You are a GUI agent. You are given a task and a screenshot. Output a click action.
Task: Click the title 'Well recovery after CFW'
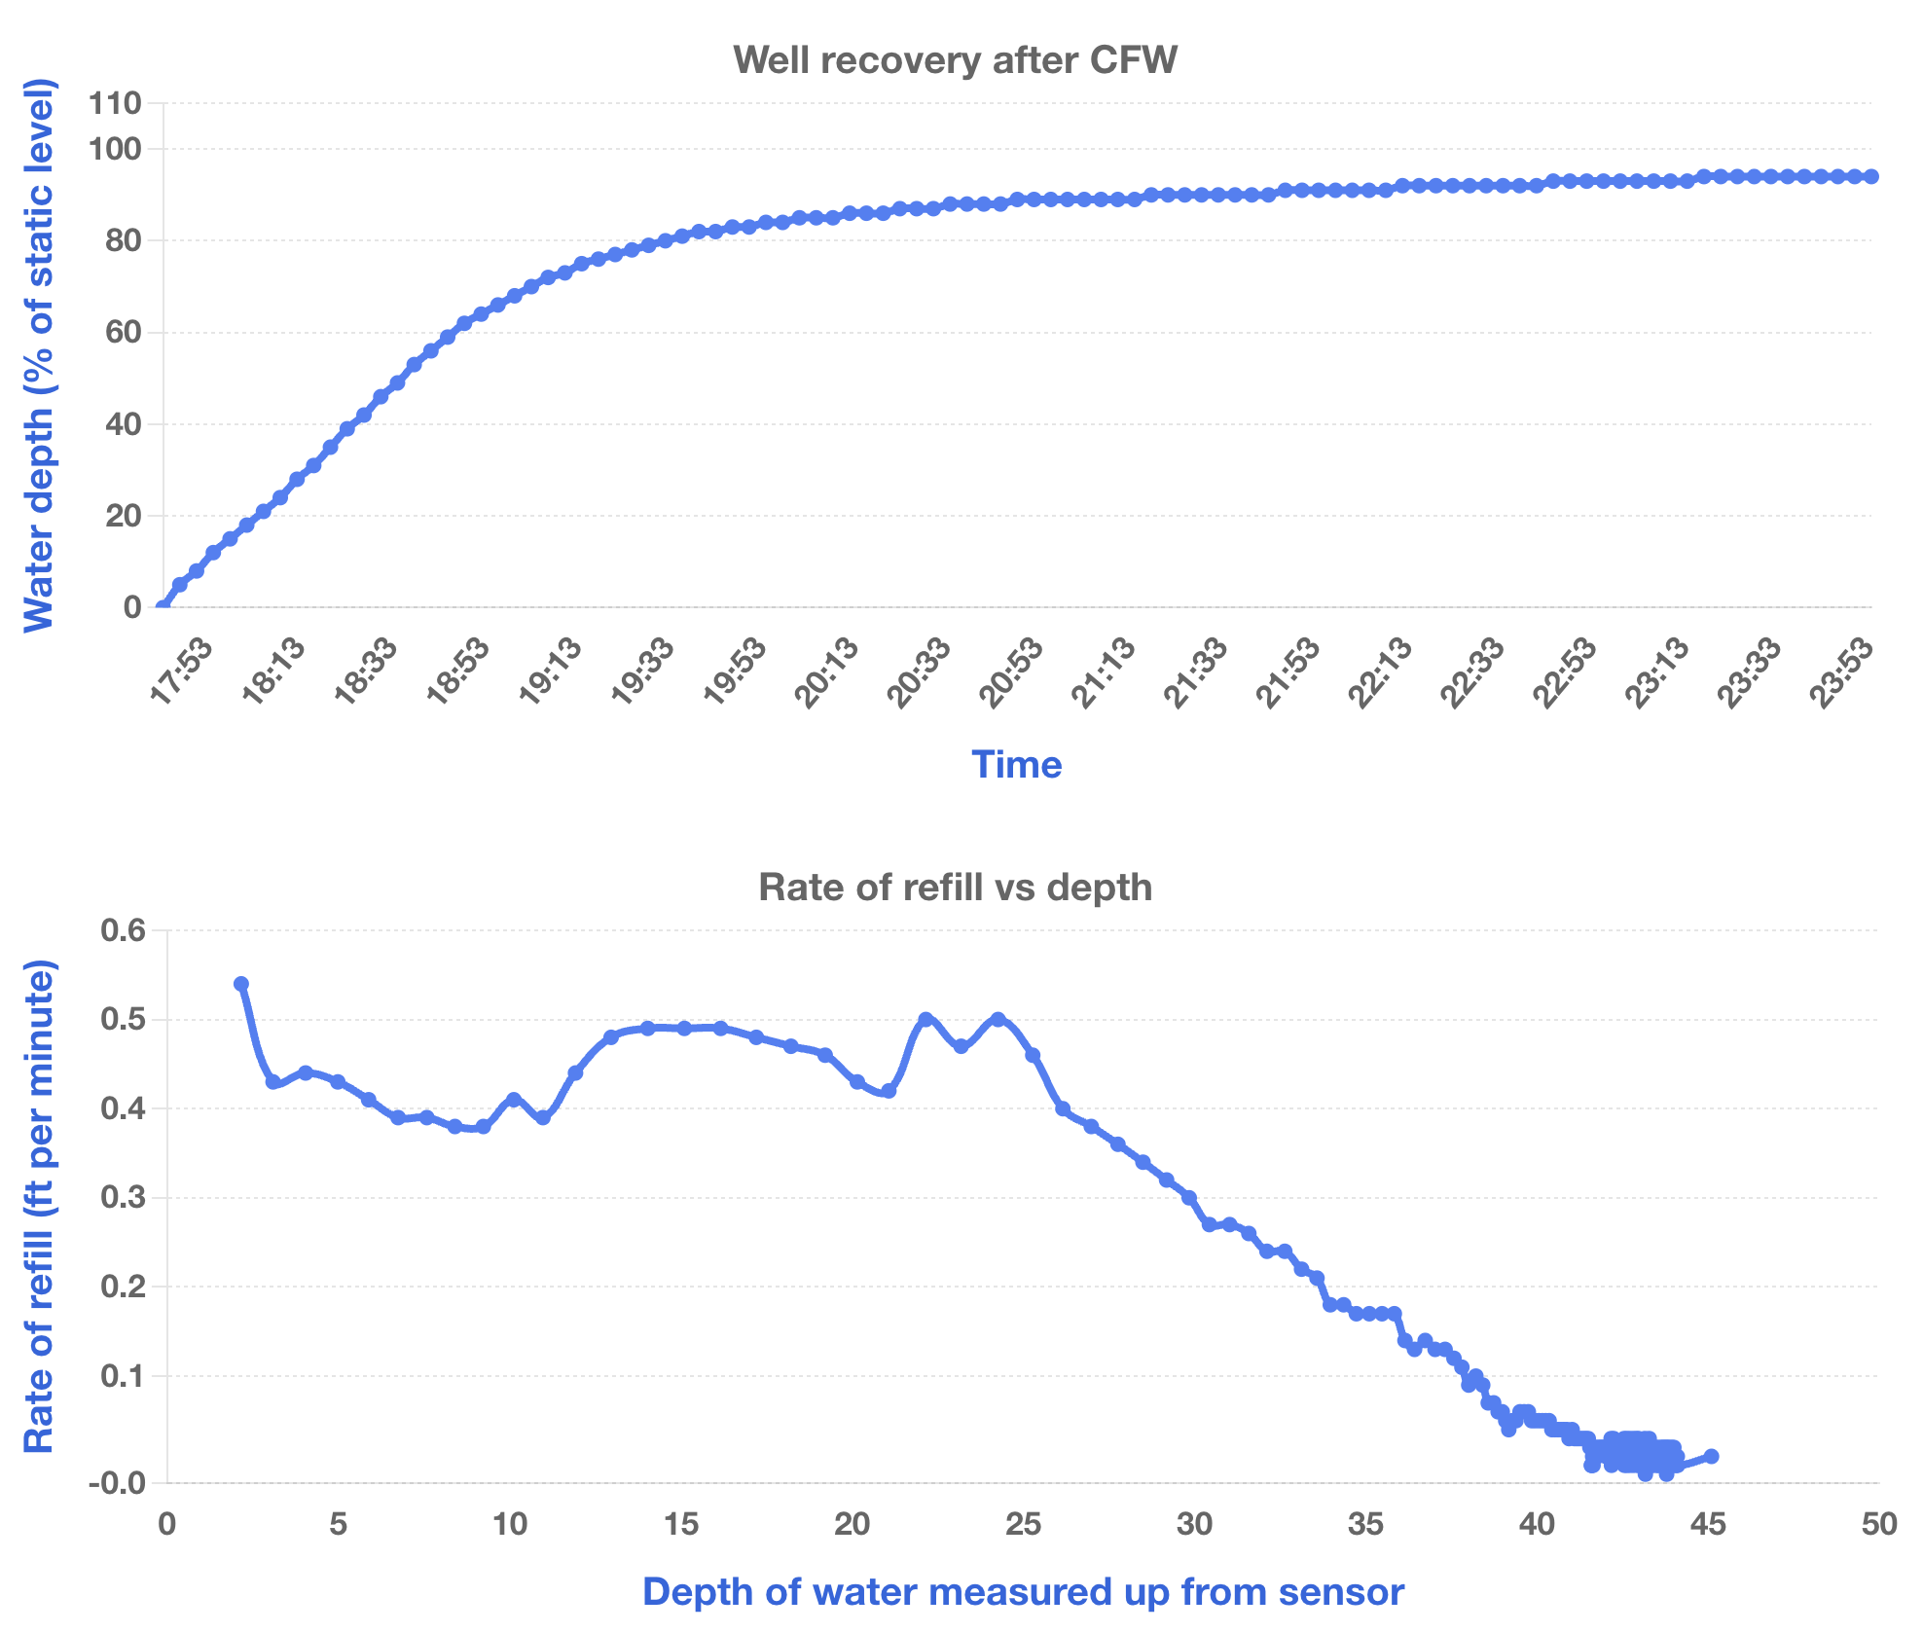click(955, 60)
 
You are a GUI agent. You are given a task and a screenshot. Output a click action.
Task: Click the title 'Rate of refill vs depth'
click(955, 888)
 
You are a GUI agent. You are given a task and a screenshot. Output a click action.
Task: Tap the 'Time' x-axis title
click(1016, 765)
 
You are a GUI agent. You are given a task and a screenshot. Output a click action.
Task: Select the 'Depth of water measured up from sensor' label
click(1023, 1592)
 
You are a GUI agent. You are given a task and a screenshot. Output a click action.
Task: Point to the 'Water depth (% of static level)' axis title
click(39, 355)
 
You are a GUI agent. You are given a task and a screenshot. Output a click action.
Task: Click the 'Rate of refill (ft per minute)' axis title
click(39, 1206)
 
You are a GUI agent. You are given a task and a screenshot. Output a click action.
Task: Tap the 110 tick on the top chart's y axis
click(115, 102)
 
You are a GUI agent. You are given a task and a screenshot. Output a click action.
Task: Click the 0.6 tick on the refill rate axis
click(124, 931)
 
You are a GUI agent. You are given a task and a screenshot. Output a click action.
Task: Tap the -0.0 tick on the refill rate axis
click(117, 1483)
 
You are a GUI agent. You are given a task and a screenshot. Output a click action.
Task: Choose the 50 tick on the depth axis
click(1878, 1524)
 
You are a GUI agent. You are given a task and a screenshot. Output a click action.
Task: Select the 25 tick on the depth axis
click(1023, 1524)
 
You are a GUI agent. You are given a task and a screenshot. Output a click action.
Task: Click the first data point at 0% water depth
click(163, 607)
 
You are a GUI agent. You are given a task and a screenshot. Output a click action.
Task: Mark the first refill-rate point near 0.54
click(241, 984)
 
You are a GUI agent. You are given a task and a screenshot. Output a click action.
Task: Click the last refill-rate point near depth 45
click(1711, 1456)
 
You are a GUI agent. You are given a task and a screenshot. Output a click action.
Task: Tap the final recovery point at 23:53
click(1871, 176)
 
